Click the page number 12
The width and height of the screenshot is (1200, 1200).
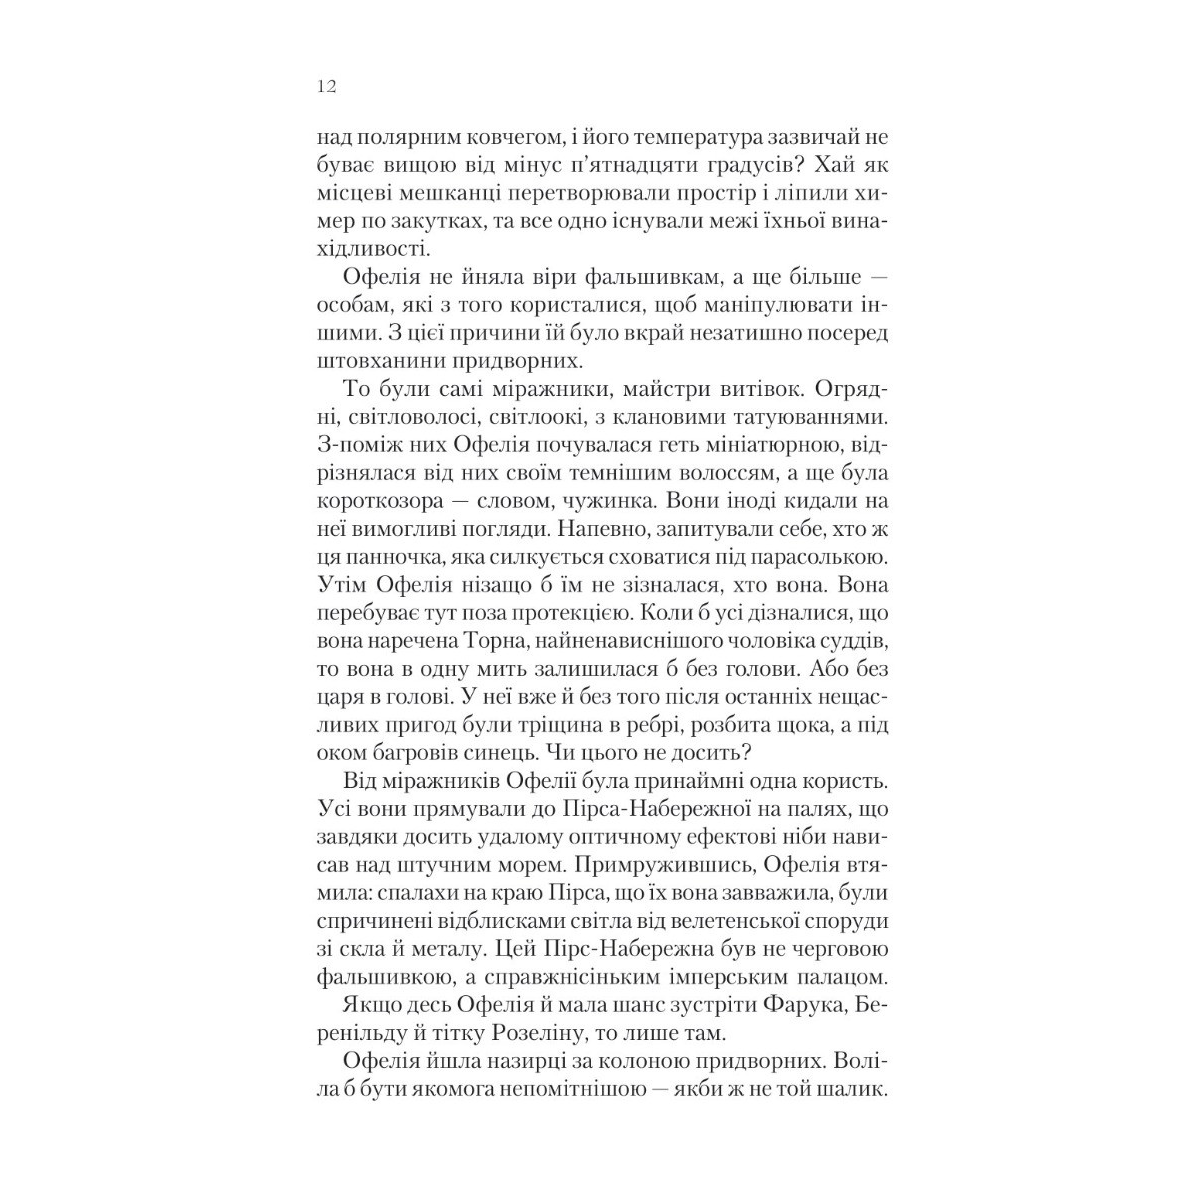[326, 87]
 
